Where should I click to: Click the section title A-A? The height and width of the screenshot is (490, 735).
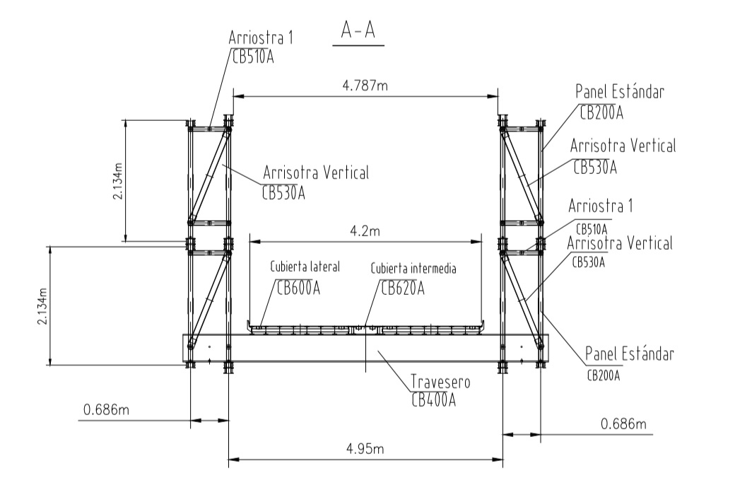[x=358, y=31]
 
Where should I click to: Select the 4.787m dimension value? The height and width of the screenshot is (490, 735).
[x=365, y=86]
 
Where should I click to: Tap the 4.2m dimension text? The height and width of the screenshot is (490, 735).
[x=365, y=231]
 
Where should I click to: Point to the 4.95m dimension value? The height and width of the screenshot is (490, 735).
[x=365, y=449]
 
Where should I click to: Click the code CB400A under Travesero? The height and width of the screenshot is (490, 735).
[x=434, y=400]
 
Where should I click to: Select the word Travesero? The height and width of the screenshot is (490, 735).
[x=440, y=382]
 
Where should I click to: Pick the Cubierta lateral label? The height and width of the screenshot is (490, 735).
[x=305, y=267]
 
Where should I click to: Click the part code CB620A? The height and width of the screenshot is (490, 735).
[x=403, y=288]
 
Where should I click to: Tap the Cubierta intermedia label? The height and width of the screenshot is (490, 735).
[x=413, y=268]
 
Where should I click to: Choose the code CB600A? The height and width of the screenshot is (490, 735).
[x=298, y=288]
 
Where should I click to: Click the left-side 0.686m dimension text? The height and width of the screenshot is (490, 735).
[x=107, y=410]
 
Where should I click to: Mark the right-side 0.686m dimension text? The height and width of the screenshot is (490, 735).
[x=623, y=424]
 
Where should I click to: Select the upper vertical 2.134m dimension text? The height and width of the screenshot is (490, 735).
[x=117, y=181]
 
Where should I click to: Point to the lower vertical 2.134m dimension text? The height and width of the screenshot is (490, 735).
[x=42, y=305]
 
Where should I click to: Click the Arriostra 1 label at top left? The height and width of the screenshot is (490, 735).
[x=261, y=38]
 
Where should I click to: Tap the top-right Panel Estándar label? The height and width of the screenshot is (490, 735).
[x=620, y=92]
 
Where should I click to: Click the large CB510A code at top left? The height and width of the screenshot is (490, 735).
[x=253, y=57]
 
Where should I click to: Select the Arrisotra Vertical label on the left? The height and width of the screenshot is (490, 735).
[x=316, y=173]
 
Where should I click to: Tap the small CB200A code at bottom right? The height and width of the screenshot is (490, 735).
[x=604, y=375]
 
